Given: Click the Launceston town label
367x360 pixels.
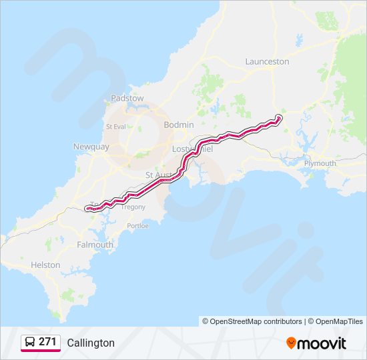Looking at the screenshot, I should click(267, 61).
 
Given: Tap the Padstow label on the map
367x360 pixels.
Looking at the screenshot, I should click(127, 98).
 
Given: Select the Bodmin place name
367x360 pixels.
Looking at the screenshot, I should click(179, 125).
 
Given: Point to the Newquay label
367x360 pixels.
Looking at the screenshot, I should click(91, 147).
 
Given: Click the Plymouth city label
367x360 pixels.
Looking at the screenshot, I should click(320, 163).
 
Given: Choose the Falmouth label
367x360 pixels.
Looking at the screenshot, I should click(95, 245).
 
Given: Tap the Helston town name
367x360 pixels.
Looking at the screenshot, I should click(45, 265).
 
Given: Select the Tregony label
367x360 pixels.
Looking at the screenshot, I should click(133, 207).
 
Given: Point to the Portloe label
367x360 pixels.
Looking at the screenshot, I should click(137, 225).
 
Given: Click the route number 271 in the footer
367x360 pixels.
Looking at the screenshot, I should click(47, 341).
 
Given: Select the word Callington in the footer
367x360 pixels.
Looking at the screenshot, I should click(91, 343).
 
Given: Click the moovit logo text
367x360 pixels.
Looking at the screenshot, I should click(322, 343).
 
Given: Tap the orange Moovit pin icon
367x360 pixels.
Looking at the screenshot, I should click(291, 343).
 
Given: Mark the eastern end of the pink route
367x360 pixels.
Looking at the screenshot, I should click(279, 118).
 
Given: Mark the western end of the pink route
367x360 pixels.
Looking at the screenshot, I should click(87, 209).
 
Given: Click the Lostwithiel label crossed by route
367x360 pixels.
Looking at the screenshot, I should click(192, 149).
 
